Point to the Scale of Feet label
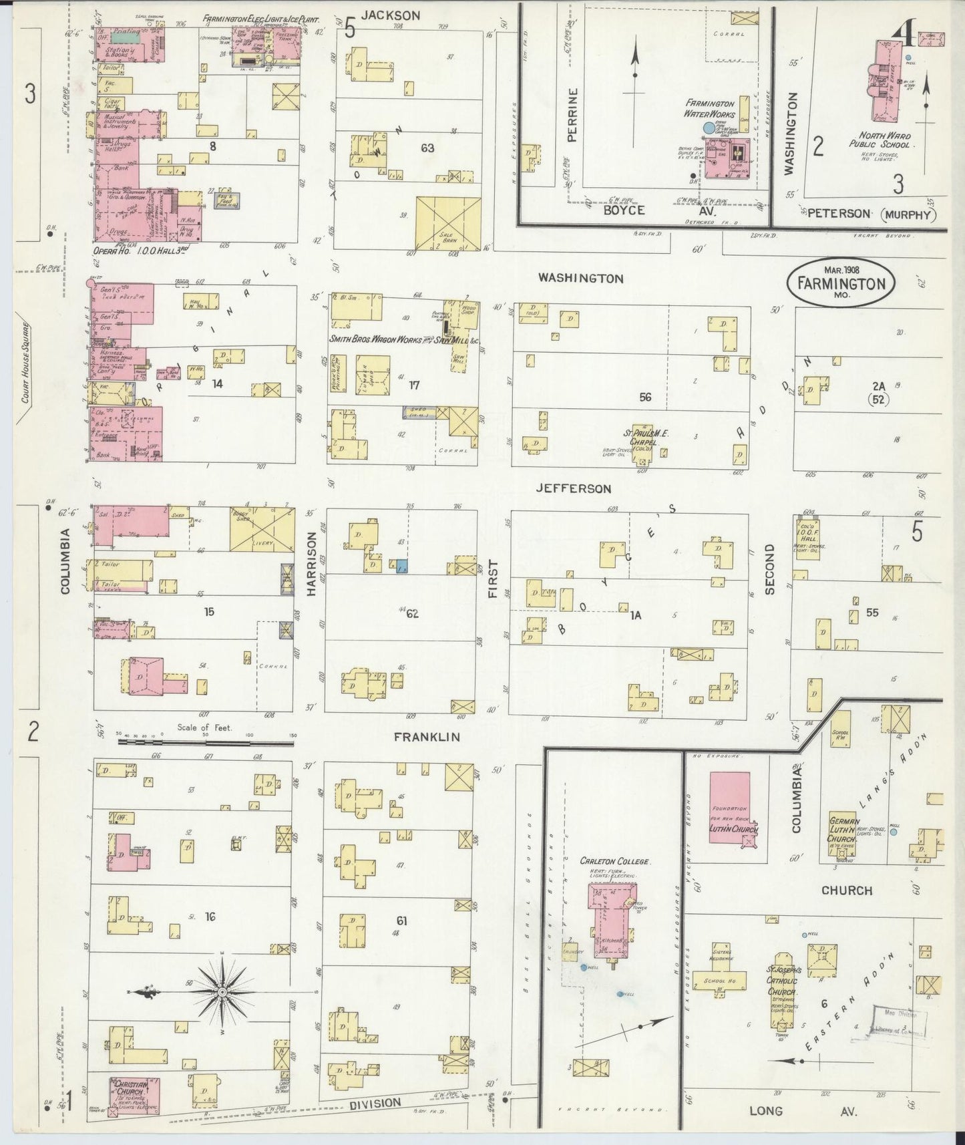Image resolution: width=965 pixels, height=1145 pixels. [x=204, y=727]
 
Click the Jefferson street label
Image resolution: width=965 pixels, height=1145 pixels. [x=573, y=488]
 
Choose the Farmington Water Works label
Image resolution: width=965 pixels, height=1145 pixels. [x=709, y=110]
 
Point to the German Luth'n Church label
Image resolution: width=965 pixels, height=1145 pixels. [x=841, y=829]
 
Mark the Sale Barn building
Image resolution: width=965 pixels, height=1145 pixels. [x=448, y=223]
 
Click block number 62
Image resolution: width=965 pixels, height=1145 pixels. [x=413, y=613]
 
